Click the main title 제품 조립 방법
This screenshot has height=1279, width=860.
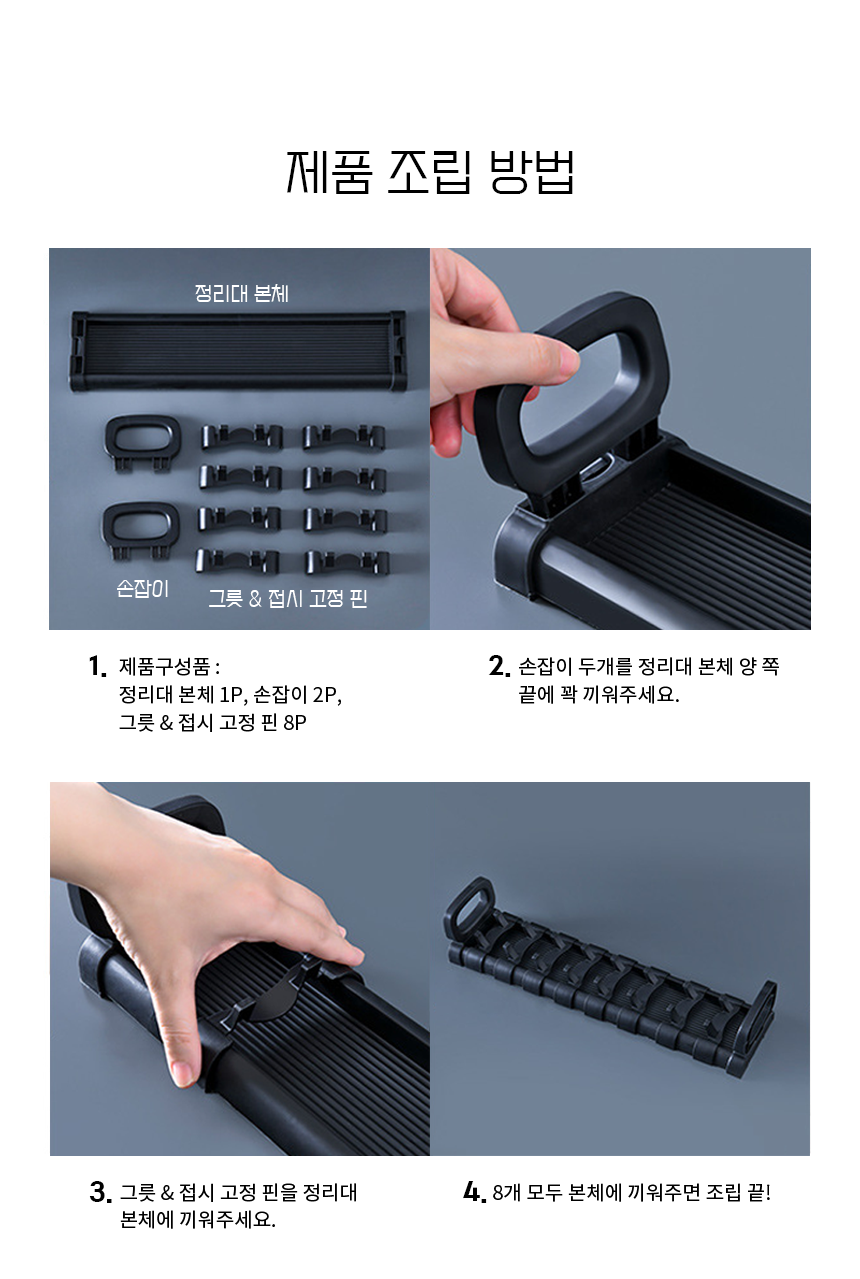[430, 172]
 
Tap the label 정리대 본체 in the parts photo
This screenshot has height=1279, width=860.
[242, 293]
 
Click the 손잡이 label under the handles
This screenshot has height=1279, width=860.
[142, 588]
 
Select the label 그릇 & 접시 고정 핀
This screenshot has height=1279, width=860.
[287, 598]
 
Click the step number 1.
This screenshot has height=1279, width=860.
[97, 666]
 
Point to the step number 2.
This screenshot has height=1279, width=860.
[499, 666]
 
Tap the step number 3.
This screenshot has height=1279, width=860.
[100, 1193]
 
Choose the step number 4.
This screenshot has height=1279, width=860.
[474, 1192]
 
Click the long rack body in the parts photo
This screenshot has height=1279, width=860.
[238, 351]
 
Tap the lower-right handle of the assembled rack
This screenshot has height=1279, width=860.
[753, 1027]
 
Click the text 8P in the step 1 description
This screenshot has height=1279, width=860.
[295, 723]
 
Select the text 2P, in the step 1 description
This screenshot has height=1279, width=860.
[327, 695]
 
